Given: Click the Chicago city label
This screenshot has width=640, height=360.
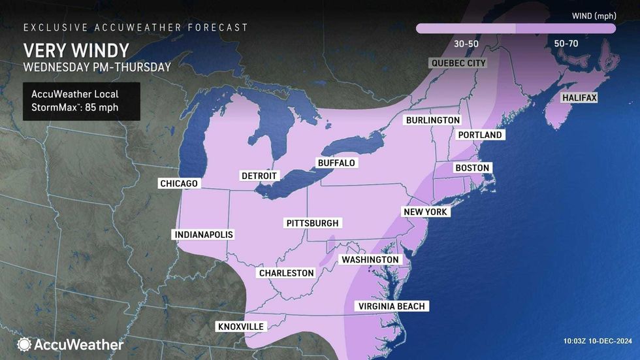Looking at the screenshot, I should pyautogui.click(x=179, y=184).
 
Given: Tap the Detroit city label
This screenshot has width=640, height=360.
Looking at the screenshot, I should pyautogui.click(x=259, y=176).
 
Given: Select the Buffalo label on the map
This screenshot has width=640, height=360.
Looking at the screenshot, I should pyautogui.click(x=336, y=162).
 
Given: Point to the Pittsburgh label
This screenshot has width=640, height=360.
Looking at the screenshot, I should pyautogui.click(x=313, y=223).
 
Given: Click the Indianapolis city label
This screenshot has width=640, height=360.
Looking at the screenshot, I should pyautogui.click(x=203, y=235).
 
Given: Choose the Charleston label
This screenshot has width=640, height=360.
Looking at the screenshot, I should pyautogui.click(x=287, y=273).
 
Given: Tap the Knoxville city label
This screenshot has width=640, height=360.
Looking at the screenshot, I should pyautogui.click(x=240, y=326).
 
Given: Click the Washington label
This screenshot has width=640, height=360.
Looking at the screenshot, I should pyautogui.click(x=370, y=259).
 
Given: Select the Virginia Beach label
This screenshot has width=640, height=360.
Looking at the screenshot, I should pyautogui.click(x=391, y=306).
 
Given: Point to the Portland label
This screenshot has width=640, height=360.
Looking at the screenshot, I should pyautogui.click(x=480, y=135).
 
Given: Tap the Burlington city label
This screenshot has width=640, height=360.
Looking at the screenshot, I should pyautogui.click(x=432, y=120).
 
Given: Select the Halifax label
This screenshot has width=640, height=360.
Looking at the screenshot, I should pyautogui.click(x=579, y=98).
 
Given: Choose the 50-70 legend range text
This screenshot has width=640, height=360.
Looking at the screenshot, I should pyautogui.click(x=566, y=44).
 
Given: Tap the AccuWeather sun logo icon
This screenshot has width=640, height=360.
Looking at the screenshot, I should pyautogui.click(x=24, y=344).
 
